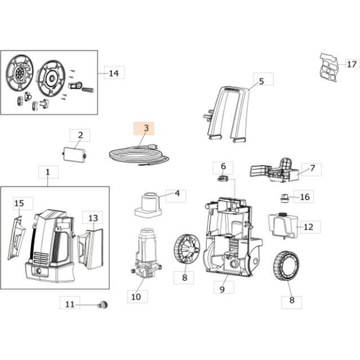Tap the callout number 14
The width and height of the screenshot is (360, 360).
coord(114,73)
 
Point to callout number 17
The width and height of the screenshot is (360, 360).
coord(351,64)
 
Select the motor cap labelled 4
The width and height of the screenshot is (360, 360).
coord(148,204)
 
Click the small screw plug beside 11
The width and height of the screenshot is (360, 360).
coord(103,306)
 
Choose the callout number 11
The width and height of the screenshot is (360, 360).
coord(70,304)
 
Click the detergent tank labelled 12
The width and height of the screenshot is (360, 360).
coord(283,225)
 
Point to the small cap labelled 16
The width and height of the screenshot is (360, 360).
coord(284,197)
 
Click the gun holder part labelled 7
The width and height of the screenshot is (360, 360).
coord(274,171)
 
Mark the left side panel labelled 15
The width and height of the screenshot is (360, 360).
coord(17,238)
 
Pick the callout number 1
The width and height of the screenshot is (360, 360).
coord(48,172)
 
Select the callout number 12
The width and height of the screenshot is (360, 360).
coord(308,227)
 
